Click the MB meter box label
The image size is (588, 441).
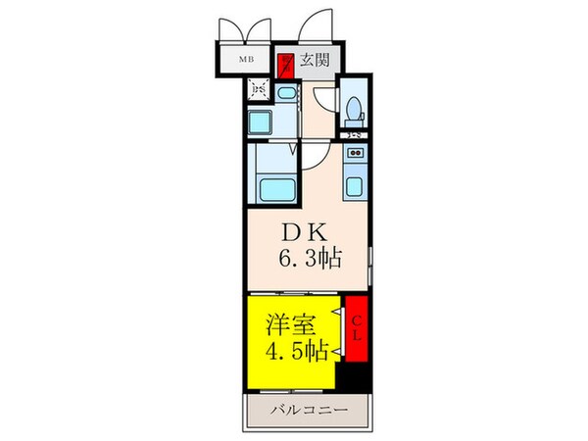247,60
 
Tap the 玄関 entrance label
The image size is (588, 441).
314,60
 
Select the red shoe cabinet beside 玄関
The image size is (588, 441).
285,65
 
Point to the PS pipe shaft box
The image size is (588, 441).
259,92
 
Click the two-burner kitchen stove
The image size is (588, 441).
356,154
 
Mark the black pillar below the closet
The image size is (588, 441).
355,376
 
